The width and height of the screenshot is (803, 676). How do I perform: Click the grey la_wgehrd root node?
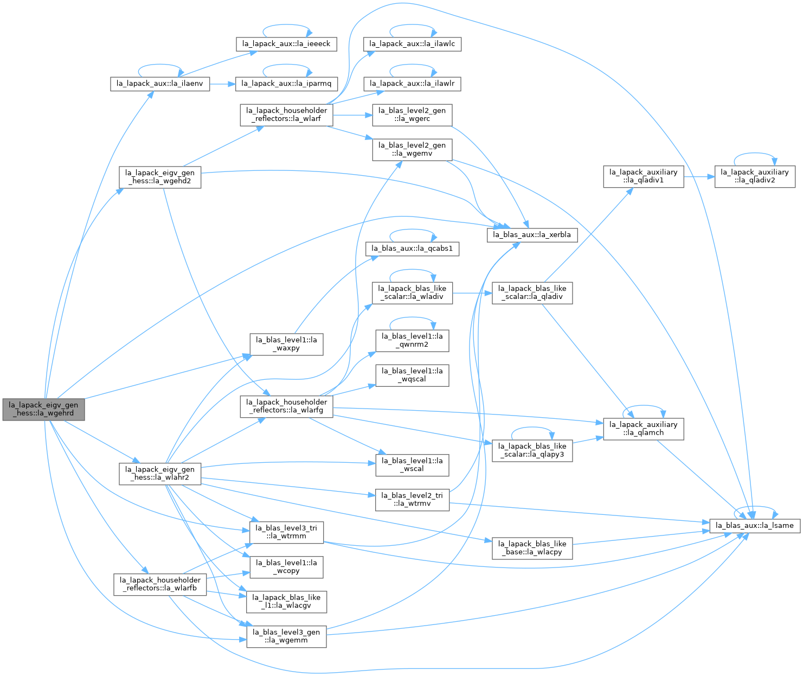[43, 410]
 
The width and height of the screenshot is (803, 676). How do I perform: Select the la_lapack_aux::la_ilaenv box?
[160, 84]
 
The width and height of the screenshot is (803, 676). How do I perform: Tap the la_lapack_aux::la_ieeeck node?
[286, 44]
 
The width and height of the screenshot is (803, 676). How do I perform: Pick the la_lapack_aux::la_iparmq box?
[286, 84]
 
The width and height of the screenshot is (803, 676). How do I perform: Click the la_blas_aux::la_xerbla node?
[532, 235]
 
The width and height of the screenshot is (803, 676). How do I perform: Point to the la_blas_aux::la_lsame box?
[755, 526]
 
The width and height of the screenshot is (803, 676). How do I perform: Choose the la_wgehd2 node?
[160, 177]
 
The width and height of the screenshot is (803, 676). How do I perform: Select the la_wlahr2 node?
[160, 474]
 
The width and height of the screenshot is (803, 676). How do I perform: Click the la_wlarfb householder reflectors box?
[160, 584]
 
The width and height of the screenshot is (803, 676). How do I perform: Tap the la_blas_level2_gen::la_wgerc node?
[412, 115]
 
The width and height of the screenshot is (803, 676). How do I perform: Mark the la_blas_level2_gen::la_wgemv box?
[412, 150]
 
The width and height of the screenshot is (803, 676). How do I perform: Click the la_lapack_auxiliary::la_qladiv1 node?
[644, 177]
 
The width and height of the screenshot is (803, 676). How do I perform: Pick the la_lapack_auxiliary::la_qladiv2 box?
[755, 177]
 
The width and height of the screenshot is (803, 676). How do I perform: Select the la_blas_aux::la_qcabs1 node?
[412, 248]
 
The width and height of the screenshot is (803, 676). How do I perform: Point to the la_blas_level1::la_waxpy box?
[286, 345]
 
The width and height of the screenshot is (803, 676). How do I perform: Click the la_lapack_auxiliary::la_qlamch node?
[644, 429]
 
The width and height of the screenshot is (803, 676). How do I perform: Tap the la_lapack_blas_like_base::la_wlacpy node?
[532, 549]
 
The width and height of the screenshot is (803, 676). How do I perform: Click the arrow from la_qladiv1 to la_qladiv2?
[699, 177]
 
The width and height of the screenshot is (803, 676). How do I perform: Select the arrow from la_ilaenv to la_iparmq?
[223, 84]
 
